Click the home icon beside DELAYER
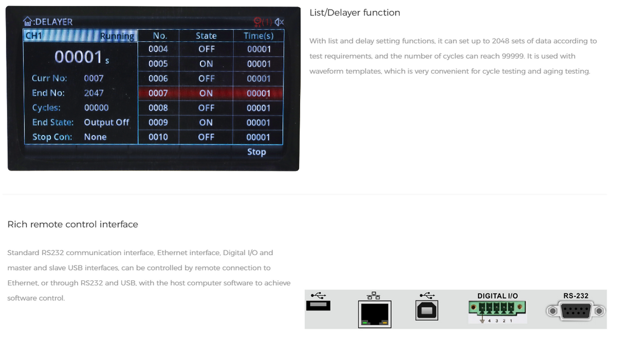pyautogui.click(x=28, y=21)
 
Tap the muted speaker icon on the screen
pyautogui.click(x=279, y=22)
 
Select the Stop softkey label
pyautogui.click(x=256, y=152)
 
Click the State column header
pyautogui.click(x=206, y=35)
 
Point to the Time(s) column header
pyautogui.click(x=259, y=35)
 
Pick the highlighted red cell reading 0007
pyautogui.click(x=158, y=93)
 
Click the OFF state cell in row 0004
pyautogui.click(x=207, y=49)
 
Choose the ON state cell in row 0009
pyautogui.click(x=206, y=122)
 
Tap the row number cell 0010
pyautogui.click(x=158, y=137)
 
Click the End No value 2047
pyautogui.click(x=94, y=93)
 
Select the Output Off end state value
pyautogui.click(x=106, y=122)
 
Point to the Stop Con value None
pyautogui.click(x=95, y=137)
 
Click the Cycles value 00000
pyautogui.click(x=97, y=107)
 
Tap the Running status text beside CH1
pyautogui.click(x=117, y=36)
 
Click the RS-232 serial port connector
pyautogui.click(x=576, y=311)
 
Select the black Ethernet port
pyautogui.click(x=375, y=314)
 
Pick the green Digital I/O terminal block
pyautogui.click(x=497, y=308)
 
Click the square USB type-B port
pyautogui.click(x=427, y=310)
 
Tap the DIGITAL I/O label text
pyautogui.click(x=498, y=296)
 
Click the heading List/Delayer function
pyautogui.click(x=355, y=12)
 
